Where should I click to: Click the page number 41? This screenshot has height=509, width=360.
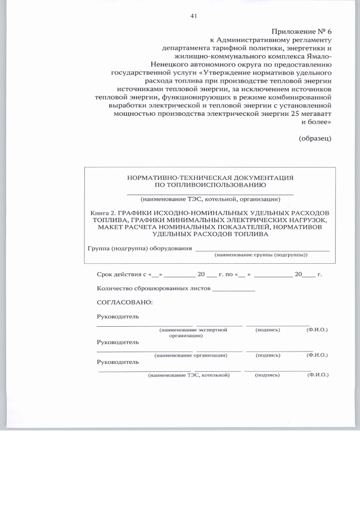click(193, 16)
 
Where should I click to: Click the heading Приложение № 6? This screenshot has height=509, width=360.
click(302, 31)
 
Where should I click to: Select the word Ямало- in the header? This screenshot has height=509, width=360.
click(318, 56)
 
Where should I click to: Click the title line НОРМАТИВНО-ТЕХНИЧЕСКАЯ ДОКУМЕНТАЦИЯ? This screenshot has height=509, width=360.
click(210, 177)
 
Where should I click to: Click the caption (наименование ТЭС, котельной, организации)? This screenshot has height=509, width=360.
click(210, 199)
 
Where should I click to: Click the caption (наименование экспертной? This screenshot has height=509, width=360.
click(193, 330)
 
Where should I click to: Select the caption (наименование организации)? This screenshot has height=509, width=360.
click(191, 355)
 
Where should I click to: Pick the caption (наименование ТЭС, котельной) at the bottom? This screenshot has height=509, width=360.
click(189, 375)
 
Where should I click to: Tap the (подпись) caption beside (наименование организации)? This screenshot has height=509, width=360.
click(268, 355)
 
